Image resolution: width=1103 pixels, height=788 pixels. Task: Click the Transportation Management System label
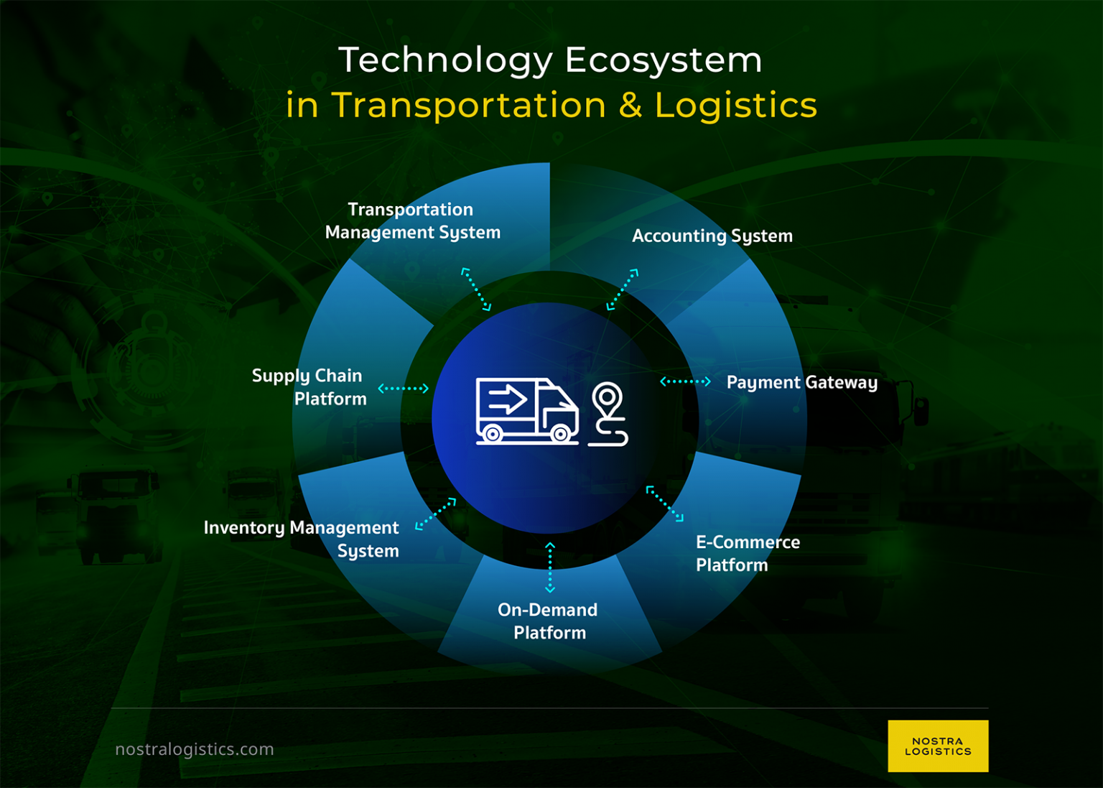pyautogui.click(x=412, y=221)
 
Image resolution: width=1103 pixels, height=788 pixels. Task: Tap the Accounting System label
pyautogui.click(x=712, y=236)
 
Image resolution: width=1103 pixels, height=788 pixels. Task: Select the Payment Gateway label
pyautogui.click(x=801, y=382)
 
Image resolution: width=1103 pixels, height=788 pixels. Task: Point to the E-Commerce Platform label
pyautogui.click(x=747, y=554)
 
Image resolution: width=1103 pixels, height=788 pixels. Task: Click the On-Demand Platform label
pyautogui.click(x=549, y=621)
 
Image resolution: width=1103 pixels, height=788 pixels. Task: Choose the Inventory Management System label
pyautogui.click(x=302, y=539)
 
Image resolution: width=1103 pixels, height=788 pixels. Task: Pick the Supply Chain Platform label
pyautogui.click(x=309, y=387)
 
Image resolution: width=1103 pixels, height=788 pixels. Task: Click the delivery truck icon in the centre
pyautogui.click(x=526, y=411)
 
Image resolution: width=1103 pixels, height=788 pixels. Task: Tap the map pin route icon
pyautogui.click(x=608, y=414)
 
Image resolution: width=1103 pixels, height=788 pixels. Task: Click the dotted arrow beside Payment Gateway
pyautogui.click(x=685, y=381)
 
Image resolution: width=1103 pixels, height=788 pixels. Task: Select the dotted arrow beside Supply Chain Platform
pyautogui.click(x=403, y=389)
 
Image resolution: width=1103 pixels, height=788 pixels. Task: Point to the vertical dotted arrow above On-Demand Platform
pyautogui.click(x=550, y=567)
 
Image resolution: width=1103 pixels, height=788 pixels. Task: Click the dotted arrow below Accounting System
pyautogui.click(x=622, y=289)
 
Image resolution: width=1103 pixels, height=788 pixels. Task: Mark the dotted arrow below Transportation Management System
pyautogui.click(x=476, y=289)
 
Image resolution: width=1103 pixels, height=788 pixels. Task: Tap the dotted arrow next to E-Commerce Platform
pyautogui.click(x=664, y=504)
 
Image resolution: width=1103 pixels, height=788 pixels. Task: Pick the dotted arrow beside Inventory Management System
pyautogui.click(x=435, y=514)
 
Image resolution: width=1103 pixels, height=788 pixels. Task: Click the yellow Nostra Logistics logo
pyautogui.click(x=937, y=746)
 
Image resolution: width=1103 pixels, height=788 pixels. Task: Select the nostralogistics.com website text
pyautogui.click(x=195, y=749)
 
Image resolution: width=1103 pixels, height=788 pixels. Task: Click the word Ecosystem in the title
pyautogui.click(x=663, y=60)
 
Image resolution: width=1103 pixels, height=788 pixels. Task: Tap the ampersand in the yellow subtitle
pyautogui.click(x=630, y=106)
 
